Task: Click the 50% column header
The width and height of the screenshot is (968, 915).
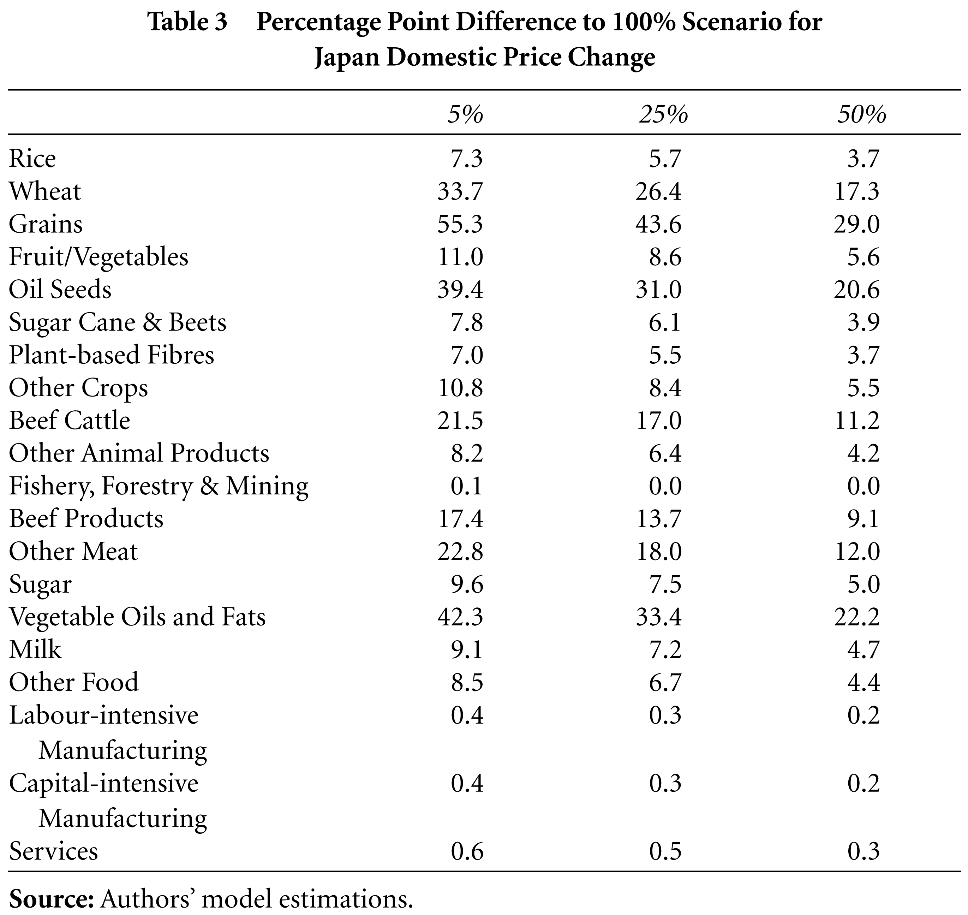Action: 862,115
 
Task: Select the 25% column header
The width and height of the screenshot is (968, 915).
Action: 664,115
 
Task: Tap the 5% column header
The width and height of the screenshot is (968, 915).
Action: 466,115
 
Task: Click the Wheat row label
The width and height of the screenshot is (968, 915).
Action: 45,191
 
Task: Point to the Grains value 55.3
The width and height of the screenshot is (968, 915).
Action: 460,224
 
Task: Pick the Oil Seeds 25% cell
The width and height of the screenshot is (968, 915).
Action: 658,289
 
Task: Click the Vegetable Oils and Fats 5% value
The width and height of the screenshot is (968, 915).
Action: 460,617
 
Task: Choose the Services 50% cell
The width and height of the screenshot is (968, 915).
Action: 864,851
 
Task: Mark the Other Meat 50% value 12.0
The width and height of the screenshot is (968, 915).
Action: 857,551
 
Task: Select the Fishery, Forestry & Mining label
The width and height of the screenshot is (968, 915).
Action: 159,486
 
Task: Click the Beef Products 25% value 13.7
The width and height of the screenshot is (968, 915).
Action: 658,518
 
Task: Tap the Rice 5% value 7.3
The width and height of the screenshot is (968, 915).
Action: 467,159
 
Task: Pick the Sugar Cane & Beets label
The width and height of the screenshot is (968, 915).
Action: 118,322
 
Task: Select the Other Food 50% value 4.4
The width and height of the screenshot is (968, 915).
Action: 864,682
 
